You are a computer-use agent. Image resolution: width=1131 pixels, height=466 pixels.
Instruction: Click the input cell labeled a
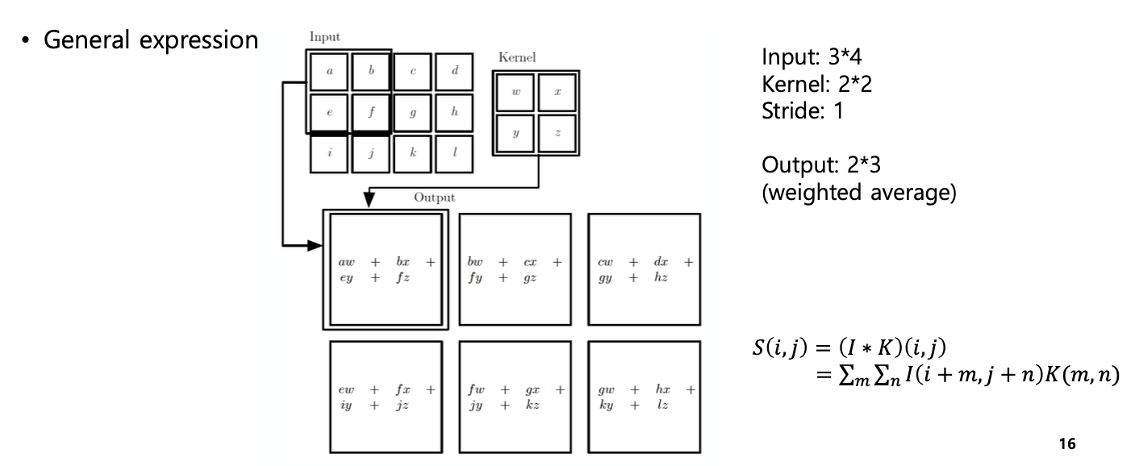click(329, 72)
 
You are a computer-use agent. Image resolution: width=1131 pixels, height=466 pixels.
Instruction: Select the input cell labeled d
click(455, 72)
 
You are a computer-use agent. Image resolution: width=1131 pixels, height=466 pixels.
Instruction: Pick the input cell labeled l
click(455, 153)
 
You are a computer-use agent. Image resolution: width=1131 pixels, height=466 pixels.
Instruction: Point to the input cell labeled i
click(329, 153)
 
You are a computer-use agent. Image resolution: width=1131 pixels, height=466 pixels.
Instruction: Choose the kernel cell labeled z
click(557, 133)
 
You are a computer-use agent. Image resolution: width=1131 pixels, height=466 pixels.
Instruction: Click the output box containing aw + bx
click(386, 269)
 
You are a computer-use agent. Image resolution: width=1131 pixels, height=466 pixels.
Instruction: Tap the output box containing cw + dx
click(644, 269)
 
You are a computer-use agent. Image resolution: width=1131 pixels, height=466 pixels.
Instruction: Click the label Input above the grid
click(325, 37)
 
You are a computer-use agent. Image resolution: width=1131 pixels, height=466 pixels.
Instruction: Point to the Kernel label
click(517, 58)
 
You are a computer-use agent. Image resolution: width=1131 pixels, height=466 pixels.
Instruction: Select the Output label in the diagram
click(434, 197)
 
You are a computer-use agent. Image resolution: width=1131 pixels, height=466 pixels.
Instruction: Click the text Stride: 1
click(802, 110)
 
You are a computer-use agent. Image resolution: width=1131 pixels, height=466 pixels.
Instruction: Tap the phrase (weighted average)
click(859, 194)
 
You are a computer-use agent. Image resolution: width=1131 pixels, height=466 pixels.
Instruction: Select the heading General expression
click(151, 40)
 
